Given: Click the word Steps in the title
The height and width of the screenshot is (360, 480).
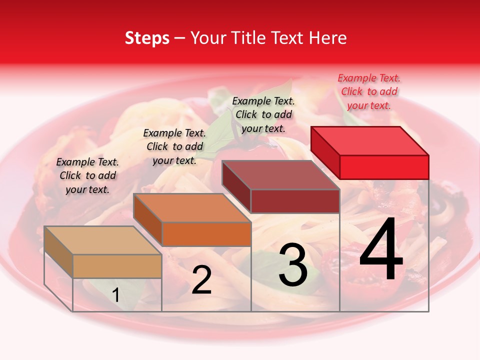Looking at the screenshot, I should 147,38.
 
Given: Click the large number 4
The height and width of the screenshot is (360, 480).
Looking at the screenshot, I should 381,250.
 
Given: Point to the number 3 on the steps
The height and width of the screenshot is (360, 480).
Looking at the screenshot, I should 293,265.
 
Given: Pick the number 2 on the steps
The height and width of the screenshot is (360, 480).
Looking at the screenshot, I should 201,280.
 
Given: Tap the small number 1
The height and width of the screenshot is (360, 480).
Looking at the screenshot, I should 116,295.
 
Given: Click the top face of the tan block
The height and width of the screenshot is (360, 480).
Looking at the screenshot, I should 103,240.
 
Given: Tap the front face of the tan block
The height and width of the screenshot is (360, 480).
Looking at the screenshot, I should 117,266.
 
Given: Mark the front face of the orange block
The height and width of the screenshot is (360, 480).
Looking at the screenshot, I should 206,234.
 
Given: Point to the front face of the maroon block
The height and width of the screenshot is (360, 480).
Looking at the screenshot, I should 295,201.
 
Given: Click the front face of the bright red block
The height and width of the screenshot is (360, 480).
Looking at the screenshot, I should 384,167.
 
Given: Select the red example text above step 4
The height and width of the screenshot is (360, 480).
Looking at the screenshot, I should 369,91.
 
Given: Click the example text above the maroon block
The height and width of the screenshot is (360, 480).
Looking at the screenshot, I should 263,114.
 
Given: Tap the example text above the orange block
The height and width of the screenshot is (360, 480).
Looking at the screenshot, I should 174,146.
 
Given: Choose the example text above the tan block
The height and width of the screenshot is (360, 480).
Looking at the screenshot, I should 87,175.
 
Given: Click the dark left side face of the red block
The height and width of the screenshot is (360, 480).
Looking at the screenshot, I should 325,152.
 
